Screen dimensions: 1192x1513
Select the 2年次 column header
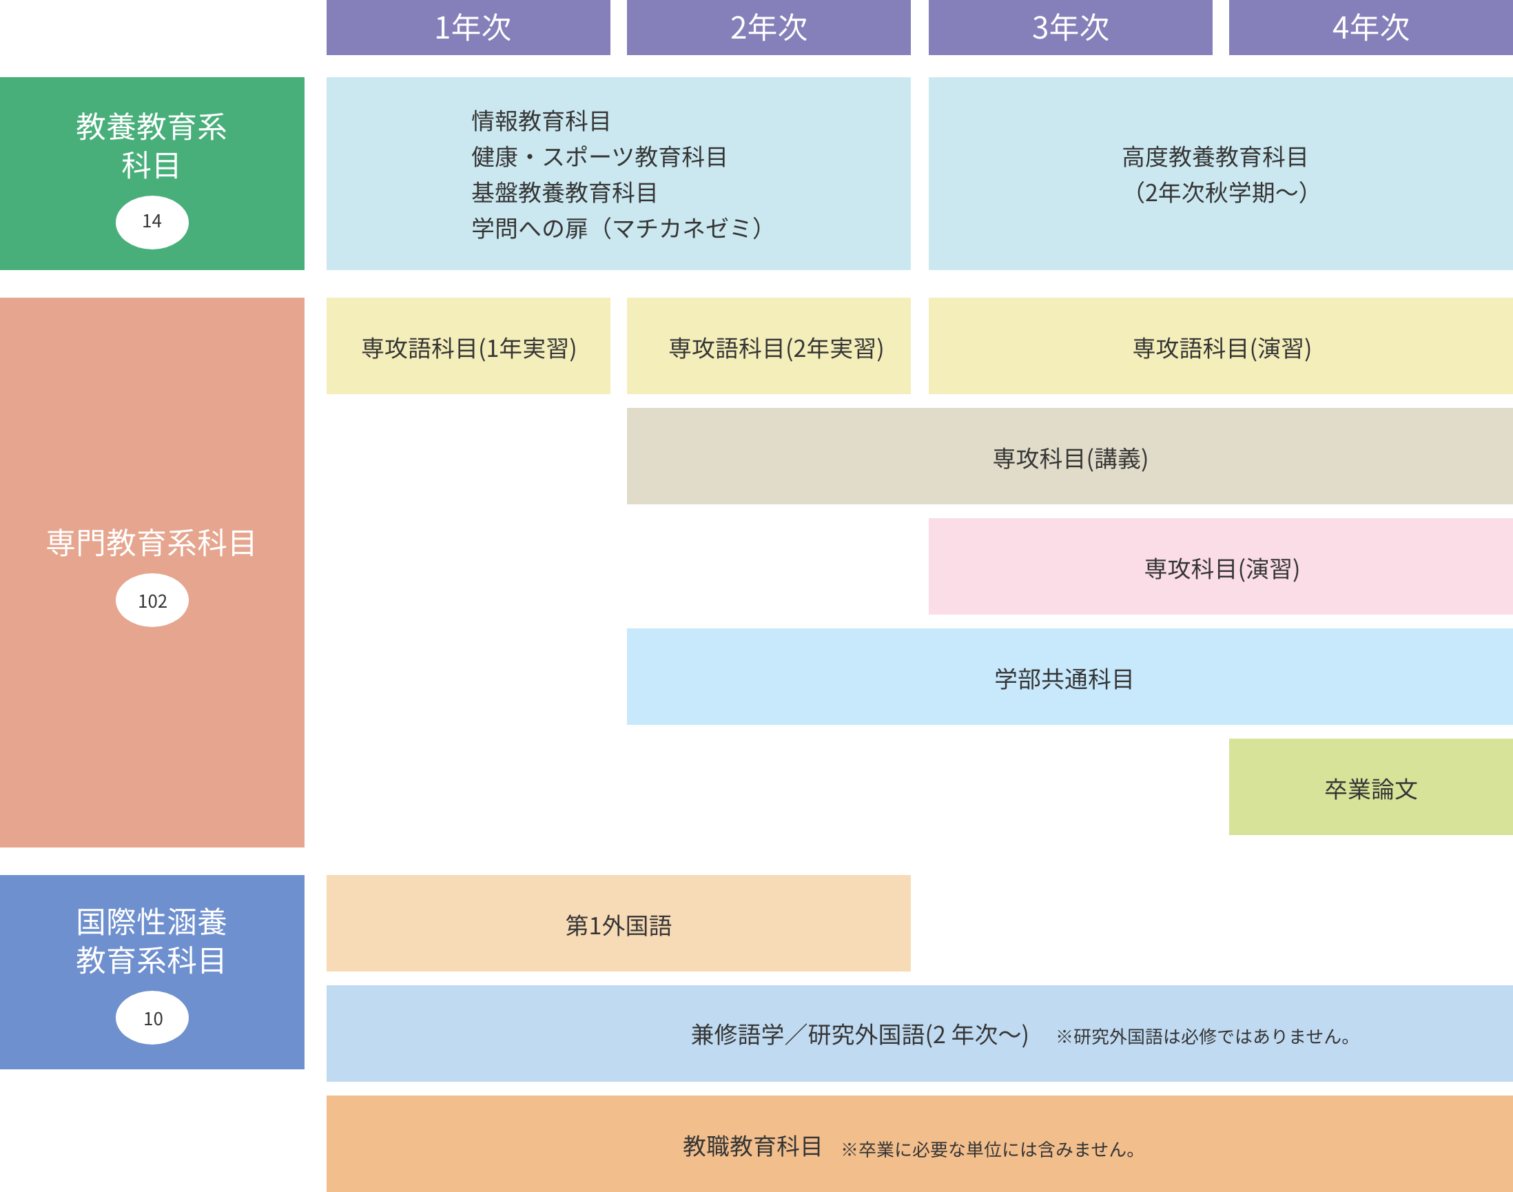click(768, 28)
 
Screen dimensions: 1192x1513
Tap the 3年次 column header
click(1070, 28)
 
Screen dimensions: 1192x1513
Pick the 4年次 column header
click(1370, 28)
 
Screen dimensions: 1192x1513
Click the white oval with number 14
click(152, 222)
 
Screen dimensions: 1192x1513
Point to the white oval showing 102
click(152, 600)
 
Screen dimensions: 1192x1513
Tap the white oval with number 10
click(152, 1018)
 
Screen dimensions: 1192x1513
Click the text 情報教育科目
click(541, 121)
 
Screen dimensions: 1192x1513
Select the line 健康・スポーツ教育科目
click(599, 157)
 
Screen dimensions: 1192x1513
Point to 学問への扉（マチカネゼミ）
click(617, 228)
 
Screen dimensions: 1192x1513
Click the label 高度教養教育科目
click(1214, 157)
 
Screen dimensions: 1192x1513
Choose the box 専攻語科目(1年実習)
click(469, 347)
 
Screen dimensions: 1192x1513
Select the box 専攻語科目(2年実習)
click(775, 347)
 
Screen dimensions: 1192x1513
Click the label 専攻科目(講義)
click(1070, 458)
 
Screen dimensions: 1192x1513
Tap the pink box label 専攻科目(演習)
click(1222, 568)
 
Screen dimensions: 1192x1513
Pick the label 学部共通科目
click(1064, 679)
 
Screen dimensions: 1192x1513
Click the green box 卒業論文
click(1370, 789)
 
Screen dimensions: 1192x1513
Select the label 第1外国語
click(618, 925)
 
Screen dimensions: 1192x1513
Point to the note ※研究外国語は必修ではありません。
click(1203, 1036)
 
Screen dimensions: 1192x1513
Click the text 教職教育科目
click(752, 1146)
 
